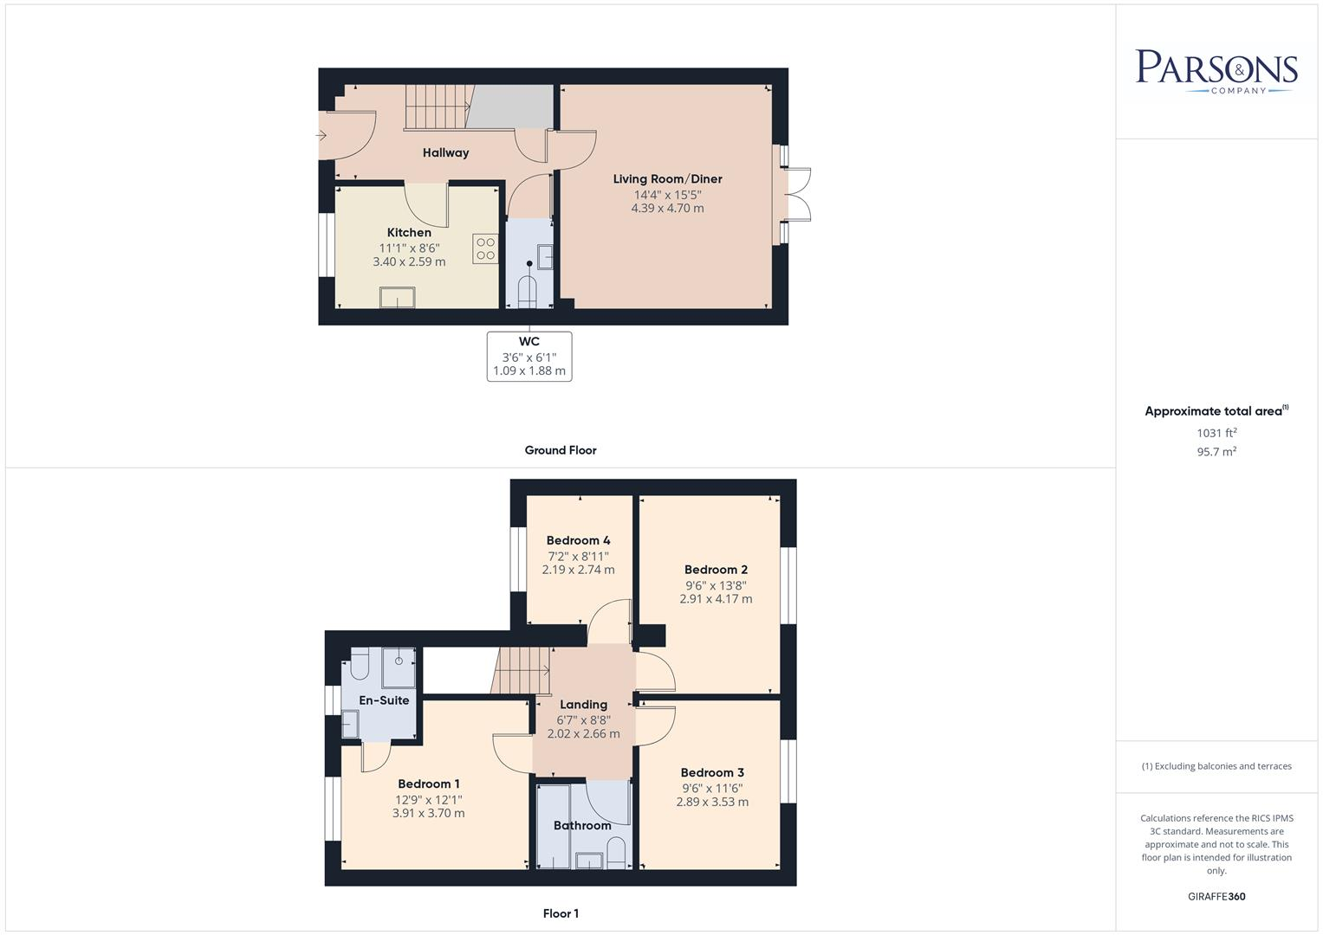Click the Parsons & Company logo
tap(1216, 72)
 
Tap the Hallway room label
tap(445, 153)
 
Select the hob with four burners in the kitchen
tap(485, 249)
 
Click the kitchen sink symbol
tap(398, 298)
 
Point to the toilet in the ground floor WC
tap(529, 291)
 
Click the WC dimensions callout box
tap(529, 356)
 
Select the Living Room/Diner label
tap(667, 179)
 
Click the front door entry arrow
tap(321, 135)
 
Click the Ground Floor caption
tap(561, 450)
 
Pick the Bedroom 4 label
tap(578, 541)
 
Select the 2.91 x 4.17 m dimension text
tap(716, 599)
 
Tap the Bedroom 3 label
tap(712, 773)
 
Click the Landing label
tap(583, 705)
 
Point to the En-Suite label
tap(384, 700)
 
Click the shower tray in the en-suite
tap(399, 667)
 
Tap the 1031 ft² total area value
tap(1216, 433)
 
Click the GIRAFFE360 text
tap(1216, 897)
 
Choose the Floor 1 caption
tap(561, 913)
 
